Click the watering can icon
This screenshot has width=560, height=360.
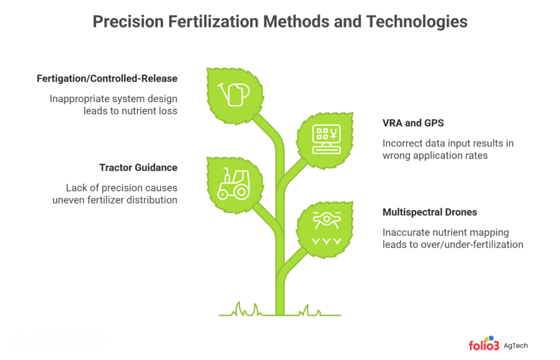(x=233, y=94)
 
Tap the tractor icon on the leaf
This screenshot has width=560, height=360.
(x=233, y=184)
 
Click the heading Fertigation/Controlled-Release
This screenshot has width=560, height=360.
(x=107, y=78)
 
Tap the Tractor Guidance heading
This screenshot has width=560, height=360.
(x=138, y=167)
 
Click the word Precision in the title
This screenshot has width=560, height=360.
(x=128, y=21)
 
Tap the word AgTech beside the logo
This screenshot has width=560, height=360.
(x=516, y=345)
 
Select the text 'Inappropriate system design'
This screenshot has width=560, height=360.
(x=114, y=99)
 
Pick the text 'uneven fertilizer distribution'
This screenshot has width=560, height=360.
(x=115, y=200)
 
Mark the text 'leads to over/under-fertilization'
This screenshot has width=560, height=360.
(x=453, y=244)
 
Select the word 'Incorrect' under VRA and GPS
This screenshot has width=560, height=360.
(x=402, y=143)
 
